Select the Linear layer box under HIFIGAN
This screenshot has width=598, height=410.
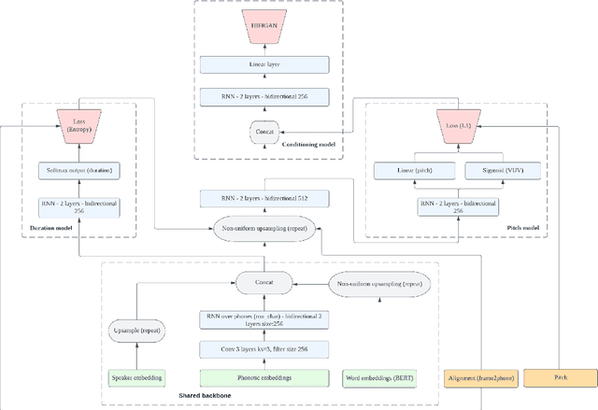(x=265, y=65)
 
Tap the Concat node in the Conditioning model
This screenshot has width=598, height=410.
(x=264, y=133)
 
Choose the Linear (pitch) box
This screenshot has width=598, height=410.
(x=414, y=171)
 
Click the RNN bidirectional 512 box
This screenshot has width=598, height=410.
(x=265, y=197)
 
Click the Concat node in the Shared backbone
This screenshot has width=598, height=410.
(x=264, y=281)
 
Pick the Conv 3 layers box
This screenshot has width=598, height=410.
(x=264, y=350)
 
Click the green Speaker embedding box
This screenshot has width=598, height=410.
(x=136, y=378)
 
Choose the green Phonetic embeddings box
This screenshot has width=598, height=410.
(x=264, y=378)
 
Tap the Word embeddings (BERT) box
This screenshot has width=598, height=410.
(x=380, y=378)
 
